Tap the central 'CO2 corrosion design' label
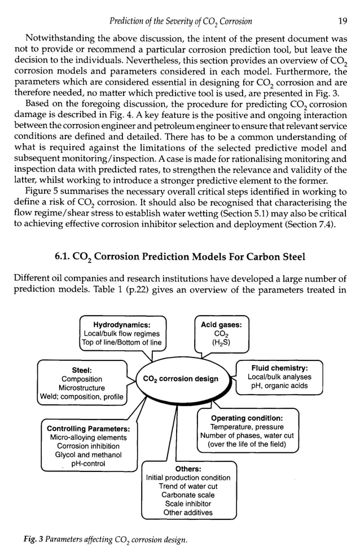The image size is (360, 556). point(181,378)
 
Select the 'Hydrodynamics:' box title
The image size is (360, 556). point(121,325)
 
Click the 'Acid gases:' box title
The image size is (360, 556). point(221,324)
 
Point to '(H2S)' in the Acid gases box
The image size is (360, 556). point(221,342)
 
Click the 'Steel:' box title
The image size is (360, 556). point(82,370)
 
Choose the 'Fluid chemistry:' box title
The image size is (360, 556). point(279,368)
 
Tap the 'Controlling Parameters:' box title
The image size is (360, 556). point(88,429)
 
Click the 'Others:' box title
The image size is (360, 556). point(188,469)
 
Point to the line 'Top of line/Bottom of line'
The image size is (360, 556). point(121,342)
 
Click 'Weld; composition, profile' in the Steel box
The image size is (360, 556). point(82,397)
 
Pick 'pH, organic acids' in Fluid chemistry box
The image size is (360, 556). point(279,386)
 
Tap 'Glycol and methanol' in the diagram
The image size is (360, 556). point(88,455)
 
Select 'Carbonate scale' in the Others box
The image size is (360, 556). point(188,495)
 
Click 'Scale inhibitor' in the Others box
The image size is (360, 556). point(188,504)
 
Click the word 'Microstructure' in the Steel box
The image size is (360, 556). point(82,388)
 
